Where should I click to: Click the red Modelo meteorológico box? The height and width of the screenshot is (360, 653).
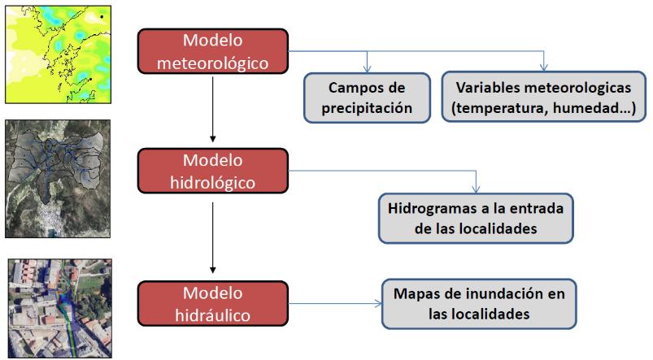(213, 51)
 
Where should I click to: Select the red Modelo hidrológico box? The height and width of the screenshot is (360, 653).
(213, 171)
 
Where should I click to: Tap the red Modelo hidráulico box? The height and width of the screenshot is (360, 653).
(213, 303)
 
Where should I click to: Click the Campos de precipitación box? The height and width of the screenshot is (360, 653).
(367, 98)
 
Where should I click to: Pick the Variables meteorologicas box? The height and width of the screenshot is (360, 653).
(543, 97)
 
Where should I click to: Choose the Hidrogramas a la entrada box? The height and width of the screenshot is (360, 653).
(476, 218)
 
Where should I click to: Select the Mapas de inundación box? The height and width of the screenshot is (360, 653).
(479, 304)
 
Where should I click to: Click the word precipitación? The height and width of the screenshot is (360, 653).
(367, 108)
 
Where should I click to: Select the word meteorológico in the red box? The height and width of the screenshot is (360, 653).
(213, 63)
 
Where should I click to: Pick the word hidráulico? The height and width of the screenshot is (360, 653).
(213, 315)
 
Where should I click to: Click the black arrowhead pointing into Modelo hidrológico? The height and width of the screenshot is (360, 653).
(213, 139)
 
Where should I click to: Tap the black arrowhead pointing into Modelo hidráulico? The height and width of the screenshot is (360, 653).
(213, 270)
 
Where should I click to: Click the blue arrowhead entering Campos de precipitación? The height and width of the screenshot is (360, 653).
(367, 68)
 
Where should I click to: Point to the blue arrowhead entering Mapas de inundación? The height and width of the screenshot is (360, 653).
(378, 303)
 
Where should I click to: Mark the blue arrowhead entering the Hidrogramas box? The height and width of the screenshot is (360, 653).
(476, 189)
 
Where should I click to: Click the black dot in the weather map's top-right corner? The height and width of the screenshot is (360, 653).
(102, 16)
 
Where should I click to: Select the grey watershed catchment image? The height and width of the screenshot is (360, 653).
(58, 179)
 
